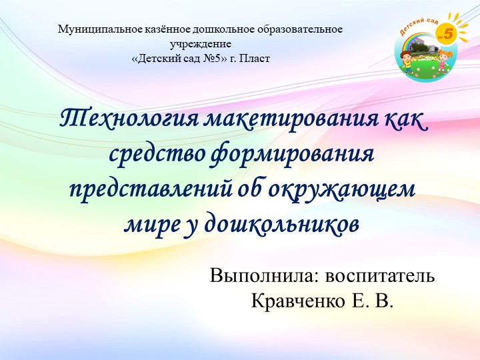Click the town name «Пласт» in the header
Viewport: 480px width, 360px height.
[257, 58]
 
